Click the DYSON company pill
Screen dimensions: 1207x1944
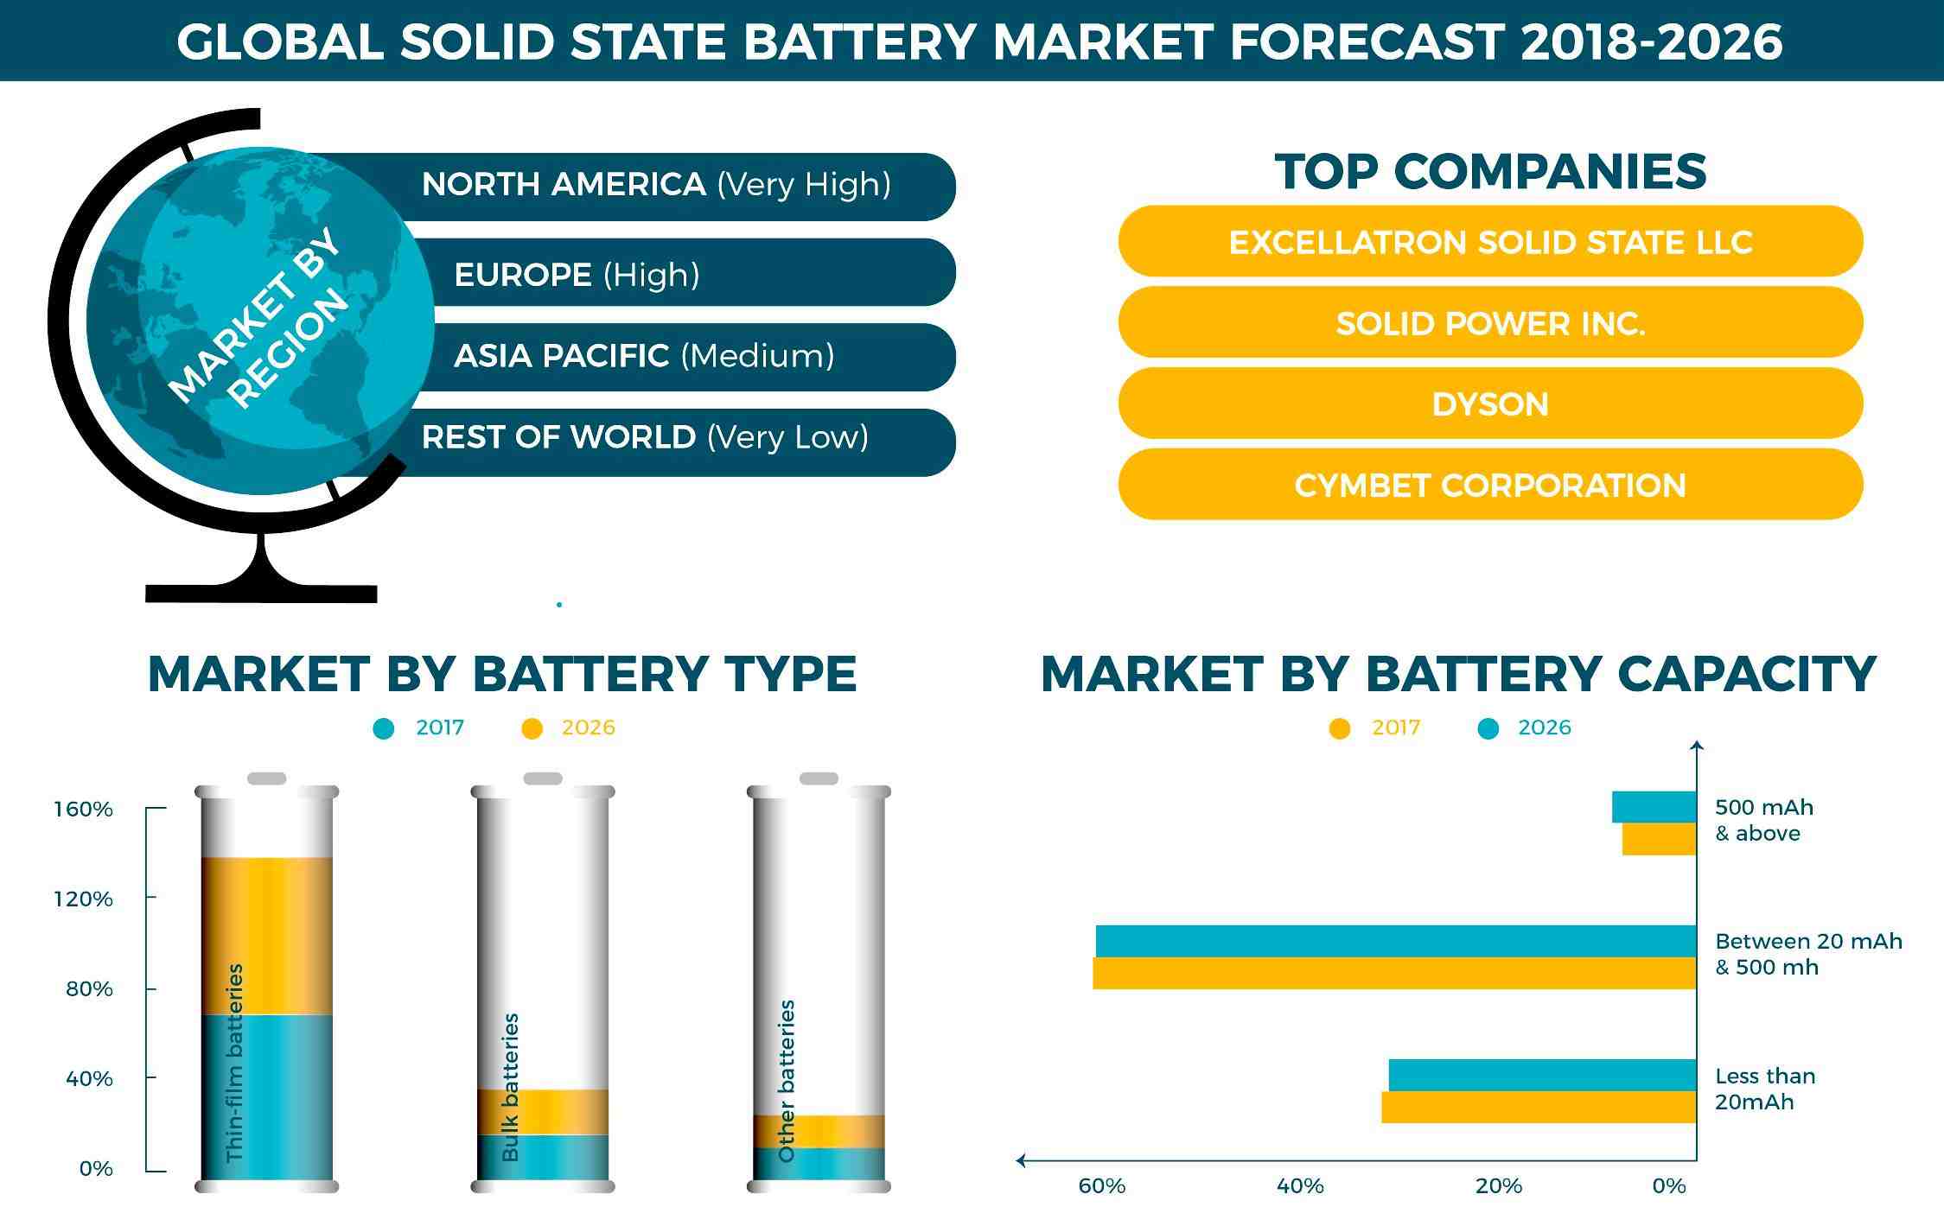tap(1489, 403)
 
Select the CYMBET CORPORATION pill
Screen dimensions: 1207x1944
tap(1489, 485)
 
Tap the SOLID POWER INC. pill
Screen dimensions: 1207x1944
tap(1489, 323)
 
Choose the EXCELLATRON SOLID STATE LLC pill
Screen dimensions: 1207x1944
tap(1489, 242)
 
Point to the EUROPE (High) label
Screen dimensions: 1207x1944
tap(577, 275)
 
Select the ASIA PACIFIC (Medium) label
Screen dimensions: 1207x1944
tap(644, 356)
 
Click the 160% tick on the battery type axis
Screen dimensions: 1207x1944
tap(84, 810)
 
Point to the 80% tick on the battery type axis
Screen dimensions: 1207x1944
tap(89, 988)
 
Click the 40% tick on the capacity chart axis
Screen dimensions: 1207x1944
tap(1300, 1186)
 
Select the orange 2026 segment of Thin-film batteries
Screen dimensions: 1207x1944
tap(267, 935)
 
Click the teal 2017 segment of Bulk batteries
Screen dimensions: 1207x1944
tap(544, 1157)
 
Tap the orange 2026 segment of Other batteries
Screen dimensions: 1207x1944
tap(819, 1131)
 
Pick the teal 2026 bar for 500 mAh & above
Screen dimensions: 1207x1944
tap(1654, 807)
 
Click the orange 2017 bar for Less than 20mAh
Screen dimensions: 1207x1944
tap(1539, 1107)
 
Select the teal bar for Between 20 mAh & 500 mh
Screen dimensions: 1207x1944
tap(1395, 941)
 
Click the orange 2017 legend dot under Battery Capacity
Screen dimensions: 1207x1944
tap(1340, 729)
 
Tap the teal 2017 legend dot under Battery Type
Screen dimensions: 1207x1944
tap(384, 729)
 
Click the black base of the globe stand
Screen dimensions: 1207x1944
tap(261, 593)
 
